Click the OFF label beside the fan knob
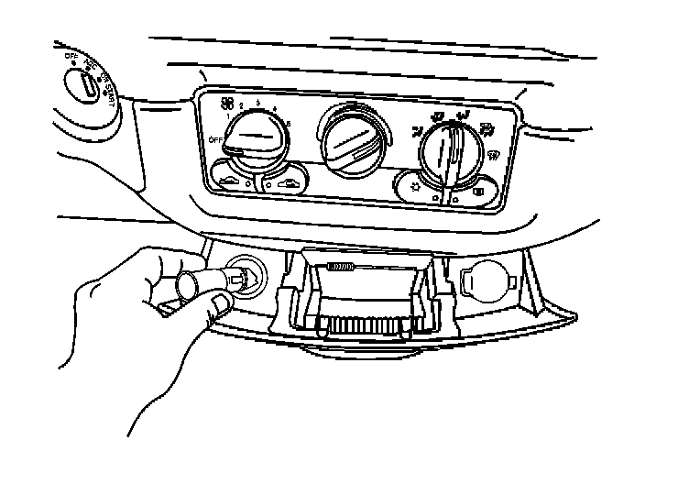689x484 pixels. (x=217, y=138)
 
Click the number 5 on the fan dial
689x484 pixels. (x=290, y=124)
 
